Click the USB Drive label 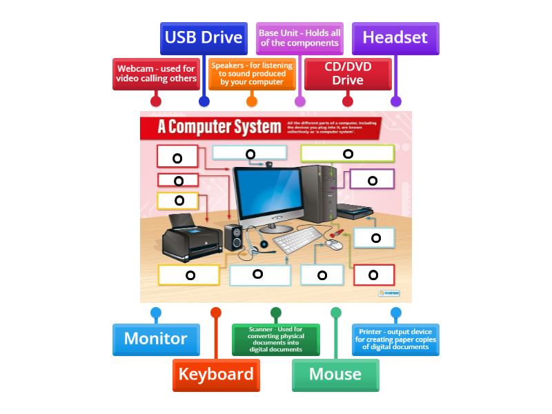pos(204,38)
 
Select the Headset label pos(395,38)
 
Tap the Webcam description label pos(157,74)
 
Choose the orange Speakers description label pos(251,74)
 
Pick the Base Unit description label pos(299,38)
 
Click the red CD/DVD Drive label pos(348,74)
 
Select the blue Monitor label pos(155,339)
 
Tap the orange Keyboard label pos(216,374)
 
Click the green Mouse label pos(335,374)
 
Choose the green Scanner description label pos(276,339)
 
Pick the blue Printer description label pos(395,339)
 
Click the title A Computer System pos(207,128)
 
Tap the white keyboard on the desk pos(297,239)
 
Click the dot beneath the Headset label pos(395,101)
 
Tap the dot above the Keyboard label pos(216,313)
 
